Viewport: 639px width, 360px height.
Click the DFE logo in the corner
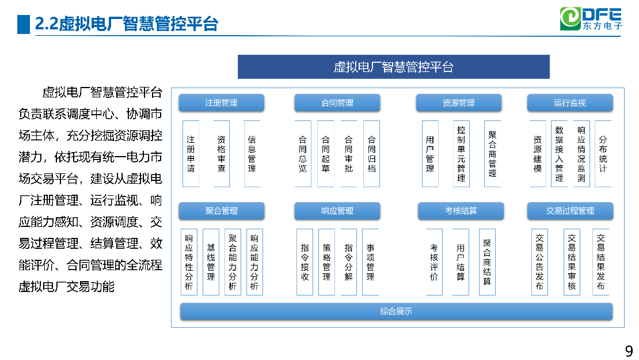(591, 19)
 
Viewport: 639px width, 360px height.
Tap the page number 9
(629, 351)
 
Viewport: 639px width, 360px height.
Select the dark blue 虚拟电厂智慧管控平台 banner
(394, 67)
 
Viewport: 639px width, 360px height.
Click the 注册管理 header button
(221, 103)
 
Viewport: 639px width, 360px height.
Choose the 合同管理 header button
(337, 103)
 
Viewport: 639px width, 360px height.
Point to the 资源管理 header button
(458, 103)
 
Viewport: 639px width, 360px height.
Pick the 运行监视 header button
(570, 103)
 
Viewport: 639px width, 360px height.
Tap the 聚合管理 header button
(221, 211)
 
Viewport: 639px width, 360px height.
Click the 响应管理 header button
(337, 211)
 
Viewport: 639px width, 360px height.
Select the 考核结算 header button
(461, 211)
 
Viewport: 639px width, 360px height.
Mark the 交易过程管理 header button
(570, 211)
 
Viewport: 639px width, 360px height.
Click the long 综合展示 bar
(396, 312)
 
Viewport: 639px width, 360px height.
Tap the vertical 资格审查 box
(221, 154)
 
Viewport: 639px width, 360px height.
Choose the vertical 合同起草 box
(326, 154)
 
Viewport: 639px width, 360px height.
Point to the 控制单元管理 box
(461, 154)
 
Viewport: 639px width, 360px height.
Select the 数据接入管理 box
(559, 154)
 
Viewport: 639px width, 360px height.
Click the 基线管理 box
(211, 262)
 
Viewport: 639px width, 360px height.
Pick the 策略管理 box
(326, 262)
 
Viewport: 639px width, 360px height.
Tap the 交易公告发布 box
(539, 262)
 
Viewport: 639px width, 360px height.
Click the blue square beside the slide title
(24, 24)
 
